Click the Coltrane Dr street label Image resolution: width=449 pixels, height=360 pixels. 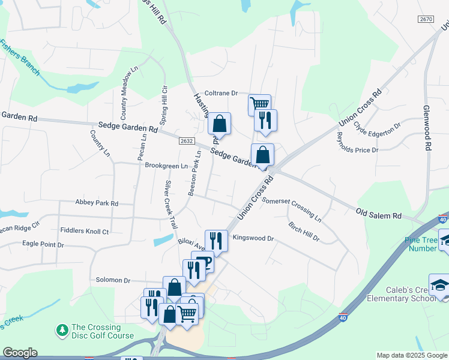click(x=221, y=93)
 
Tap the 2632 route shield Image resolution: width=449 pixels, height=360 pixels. click(x=186, y=141)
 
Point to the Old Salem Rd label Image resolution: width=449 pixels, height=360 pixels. click(x=378, y=214)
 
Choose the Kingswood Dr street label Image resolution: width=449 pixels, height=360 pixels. click(x=253, y=238)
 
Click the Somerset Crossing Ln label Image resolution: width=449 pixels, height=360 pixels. click(x=292, y=209)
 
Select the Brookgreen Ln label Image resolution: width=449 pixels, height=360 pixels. click(x=166, y=166)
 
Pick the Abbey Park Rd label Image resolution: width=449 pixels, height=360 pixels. click(x=97, y=203)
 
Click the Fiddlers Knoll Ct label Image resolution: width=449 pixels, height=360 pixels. click(x=85, y=230)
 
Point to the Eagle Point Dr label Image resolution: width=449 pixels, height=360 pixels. click(x=43, y=244)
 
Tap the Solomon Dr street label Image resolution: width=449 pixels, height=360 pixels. click(x=113, y=280)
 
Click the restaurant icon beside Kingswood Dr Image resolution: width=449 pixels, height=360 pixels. click(x=216, y=241)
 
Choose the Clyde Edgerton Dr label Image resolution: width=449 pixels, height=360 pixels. click(x=377, y=128)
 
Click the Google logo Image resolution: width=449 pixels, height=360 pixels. click(x=20, y=353)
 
